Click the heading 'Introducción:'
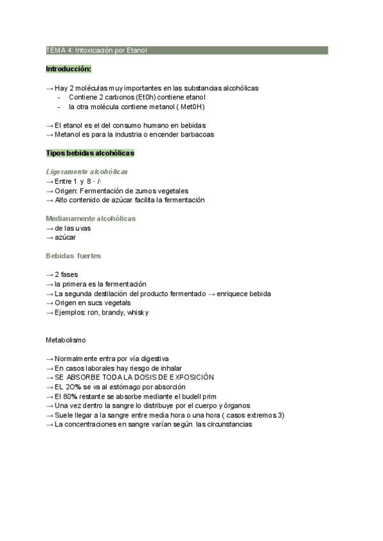coord(68,68)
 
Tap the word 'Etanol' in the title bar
coord(136,50)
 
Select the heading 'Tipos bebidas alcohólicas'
coord(90,154)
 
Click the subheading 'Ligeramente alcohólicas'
coord(87,172)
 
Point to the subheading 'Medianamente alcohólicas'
coord(91,218)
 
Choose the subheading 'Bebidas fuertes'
coord(73,255)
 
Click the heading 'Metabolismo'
coord(66,340)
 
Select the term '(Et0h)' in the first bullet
coord(145,97)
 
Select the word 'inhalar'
coord(170,368)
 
